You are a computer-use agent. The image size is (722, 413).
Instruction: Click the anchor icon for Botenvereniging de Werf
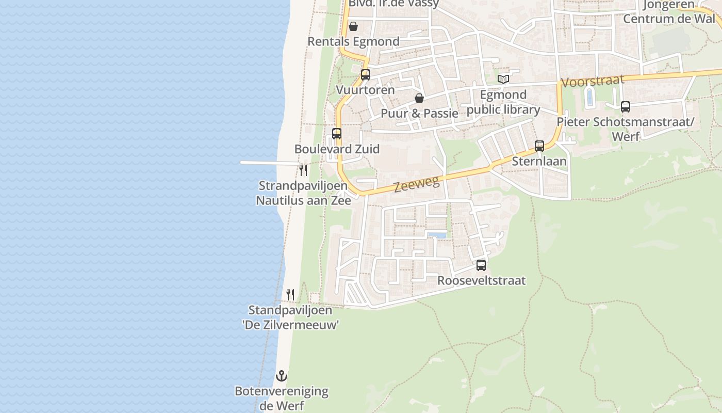pyautogui.click(x=282, y=375)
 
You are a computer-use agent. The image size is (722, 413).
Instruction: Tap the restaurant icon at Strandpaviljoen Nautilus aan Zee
pyautogui.click(x=303, y=170)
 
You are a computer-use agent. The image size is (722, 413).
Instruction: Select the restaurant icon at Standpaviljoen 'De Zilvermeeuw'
pyautogui.click(x=290, y=295)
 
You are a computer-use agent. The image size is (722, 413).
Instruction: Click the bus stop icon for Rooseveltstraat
pyautogui.click(x=481, y=265)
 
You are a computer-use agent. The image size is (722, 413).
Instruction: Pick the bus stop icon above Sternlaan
pyautogui.click(x=539, y=146)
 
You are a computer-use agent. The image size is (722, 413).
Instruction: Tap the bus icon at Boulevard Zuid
pyautogui.click(x=337, y=134)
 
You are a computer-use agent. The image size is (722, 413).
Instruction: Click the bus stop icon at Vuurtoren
pyautogui.click(x=366, y=75)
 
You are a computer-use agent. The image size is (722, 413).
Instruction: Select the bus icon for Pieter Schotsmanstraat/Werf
pyautogui.click(x=626, y=107)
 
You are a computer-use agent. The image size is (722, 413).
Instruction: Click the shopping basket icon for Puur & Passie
pyautogui.click(x=419, y=98)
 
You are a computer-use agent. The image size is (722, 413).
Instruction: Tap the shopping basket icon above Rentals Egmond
pyautogui.click(x=353, y=26)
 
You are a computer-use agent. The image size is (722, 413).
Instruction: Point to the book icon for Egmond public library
pyautogui.click(x=503, y=79)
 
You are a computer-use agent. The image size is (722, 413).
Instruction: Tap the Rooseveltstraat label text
pyautogui.click(x=481, y=280)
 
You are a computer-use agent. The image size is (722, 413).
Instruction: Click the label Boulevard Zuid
pyautogui.click(x=337, y=149)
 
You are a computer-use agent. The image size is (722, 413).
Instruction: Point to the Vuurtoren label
pyautogui.click(x=365, y=90)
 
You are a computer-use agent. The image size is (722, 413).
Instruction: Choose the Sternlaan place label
pyautogui.click(x=539, y=161)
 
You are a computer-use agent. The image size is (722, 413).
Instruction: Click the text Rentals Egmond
pyautogui.click(x=353, y=41)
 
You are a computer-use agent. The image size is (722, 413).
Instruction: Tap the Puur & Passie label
pyautogui.click(x=419, y=113)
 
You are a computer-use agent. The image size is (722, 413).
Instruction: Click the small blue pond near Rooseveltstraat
pyautogui.click(x=436, y=235)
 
